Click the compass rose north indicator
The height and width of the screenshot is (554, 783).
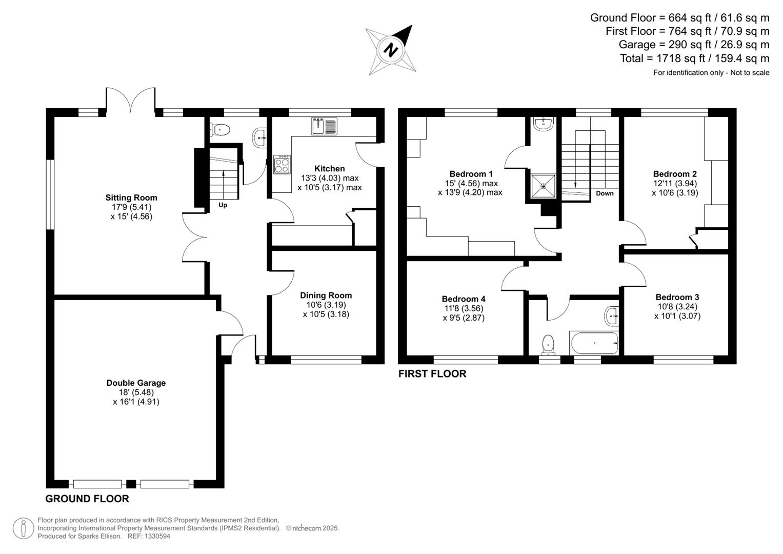coord(391,50)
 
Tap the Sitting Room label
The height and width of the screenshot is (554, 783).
coord(131,197)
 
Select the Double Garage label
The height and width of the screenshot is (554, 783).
coord(136,383)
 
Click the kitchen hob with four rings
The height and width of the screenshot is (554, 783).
coord(282,165)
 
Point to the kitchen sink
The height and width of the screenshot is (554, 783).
coord(324,126)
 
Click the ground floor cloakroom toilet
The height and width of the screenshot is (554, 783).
coord(220,130)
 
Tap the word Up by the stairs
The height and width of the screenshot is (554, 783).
coord(223,205)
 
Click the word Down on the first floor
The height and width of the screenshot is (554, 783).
coord(605,193)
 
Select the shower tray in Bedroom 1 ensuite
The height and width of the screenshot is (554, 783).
coord(543,186)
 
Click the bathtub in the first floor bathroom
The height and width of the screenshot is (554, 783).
coord(594,343)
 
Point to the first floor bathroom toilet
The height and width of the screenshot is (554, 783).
coord(548,344)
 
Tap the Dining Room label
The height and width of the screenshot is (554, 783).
coord(326,295)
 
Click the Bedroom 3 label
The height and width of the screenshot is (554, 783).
coord(677,297)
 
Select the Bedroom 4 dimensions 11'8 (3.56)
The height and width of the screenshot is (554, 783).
coord(463,308)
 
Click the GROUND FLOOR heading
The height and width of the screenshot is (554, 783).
coord(87,499)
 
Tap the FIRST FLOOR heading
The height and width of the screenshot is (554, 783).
coord(432,374)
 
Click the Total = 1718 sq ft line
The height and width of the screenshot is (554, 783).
coord(694,58)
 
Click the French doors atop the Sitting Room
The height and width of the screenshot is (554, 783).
coord(131,100)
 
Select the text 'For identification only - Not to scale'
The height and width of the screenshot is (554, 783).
coord(711,73)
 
